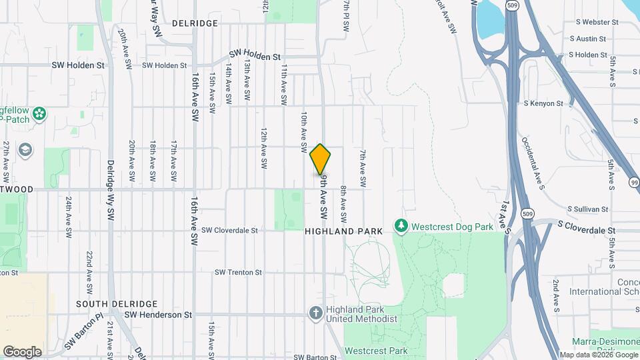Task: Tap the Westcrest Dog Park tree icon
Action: pyautogui.click(x=401, y=227)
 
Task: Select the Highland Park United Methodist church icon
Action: pyautogui.click(x=317, y=312)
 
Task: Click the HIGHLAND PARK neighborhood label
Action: pyautogui.click(x=344, y=231)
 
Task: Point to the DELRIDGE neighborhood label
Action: pyautogui.click(x=195, y=23)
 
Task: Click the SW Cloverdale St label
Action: pyautogui.click(x=229, y=231)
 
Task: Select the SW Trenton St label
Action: pyautogui.click(x=238, y=273)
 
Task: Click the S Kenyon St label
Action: pyautogui.click(x=543, y=104)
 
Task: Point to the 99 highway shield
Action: pyautogui.click(x=633, y=183)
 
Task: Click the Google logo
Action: pyautogui.click(x=22, y=351)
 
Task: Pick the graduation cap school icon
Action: pyautogui.click(x=25, y=149)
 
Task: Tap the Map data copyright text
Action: pyautogui.click(x=598, y=355)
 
